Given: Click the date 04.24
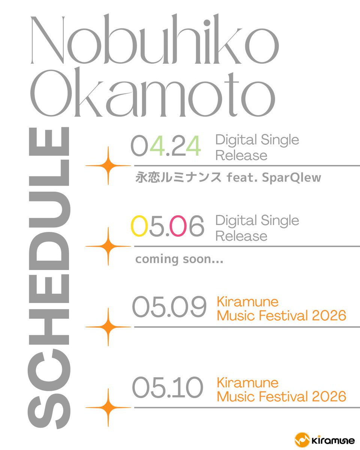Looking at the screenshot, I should (x=166, y=147).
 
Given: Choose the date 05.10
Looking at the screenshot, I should (x=167, y=388).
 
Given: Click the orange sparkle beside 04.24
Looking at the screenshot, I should (x=108, y=165).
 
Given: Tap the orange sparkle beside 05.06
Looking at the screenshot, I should (x=108, y=246).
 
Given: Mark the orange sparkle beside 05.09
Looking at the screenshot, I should (x=108, y=327).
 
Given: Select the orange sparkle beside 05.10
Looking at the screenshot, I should (x=108, y=407).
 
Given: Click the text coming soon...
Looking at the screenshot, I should (x=179, y=259).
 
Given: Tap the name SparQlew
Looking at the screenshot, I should (x=294, y=178).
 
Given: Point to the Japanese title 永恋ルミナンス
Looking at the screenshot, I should (x=178, y=178).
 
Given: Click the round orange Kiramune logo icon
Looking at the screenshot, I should (x=302, y=439).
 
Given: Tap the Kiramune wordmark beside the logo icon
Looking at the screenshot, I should (x=329, y=439).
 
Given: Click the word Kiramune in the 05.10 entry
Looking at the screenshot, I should (x=247, y=382).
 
